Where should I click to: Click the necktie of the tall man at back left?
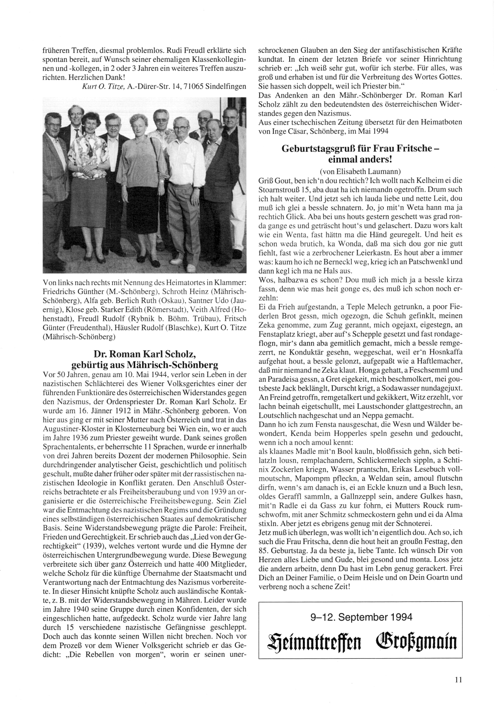(76, 132)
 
